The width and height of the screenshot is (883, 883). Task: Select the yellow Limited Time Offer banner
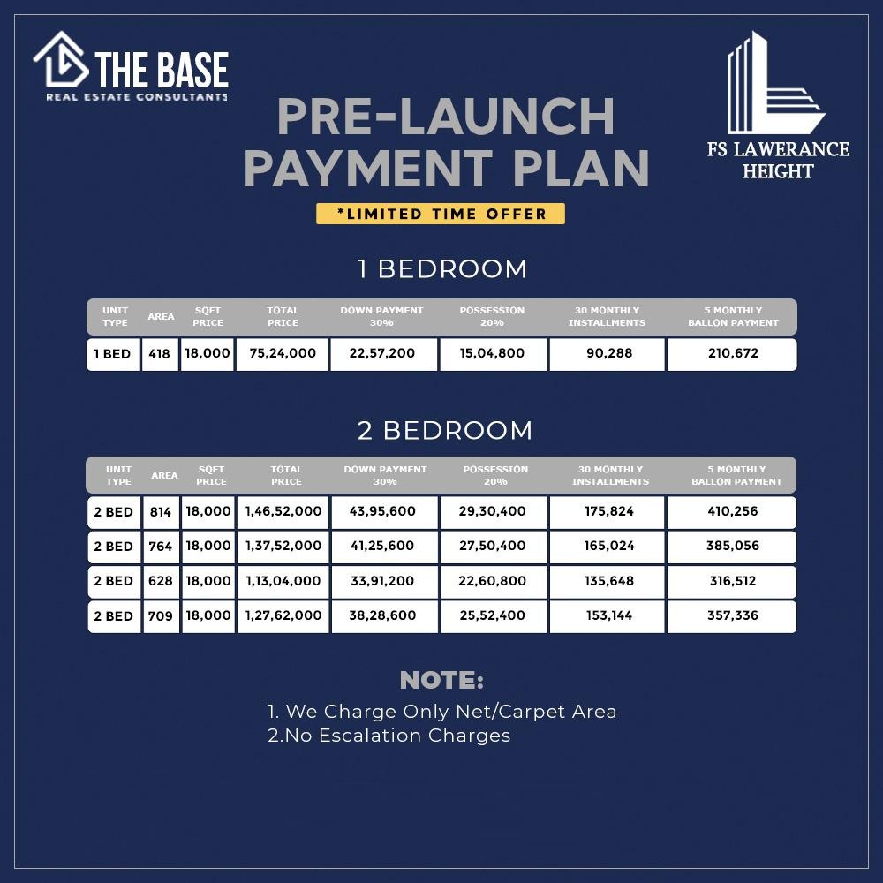[441, 214]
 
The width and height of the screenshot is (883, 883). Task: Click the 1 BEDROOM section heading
[442, 268]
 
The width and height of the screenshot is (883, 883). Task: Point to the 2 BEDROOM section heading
[445, 430]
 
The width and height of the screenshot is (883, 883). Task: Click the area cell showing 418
[160, 354]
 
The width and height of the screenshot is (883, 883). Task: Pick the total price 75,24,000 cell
[283, 354]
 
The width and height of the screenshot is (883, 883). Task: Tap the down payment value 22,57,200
[383, 354]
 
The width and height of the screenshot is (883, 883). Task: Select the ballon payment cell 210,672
[732, 354]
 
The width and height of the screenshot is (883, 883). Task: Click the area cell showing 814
[161, 512]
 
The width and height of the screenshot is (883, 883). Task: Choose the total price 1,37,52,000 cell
[283, 547]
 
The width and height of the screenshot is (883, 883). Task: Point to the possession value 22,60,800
[493, 582]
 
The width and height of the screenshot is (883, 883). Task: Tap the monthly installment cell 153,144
[608, 616]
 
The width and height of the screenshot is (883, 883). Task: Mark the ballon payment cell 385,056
[732, 547]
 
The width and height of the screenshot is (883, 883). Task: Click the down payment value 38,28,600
[384, 616]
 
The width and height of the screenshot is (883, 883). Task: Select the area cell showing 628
[161, 582]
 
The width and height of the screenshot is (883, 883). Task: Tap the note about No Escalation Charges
[389, 736]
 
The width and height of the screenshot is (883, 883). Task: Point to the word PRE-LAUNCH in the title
[445, 117]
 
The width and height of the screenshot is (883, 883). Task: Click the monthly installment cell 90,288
[608, 354]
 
